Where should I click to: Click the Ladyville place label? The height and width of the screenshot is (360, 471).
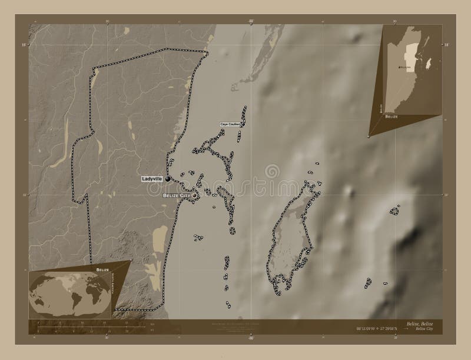point(152,178)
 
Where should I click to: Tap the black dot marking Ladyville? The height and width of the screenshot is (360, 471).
point(168,179)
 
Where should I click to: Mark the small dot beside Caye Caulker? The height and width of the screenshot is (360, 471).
point(242,124)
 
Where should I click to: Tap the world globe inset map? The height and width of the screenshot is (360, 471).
point(68,293)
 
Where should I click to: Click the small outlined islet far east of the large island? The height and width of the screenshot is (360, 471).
point(395,210)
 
